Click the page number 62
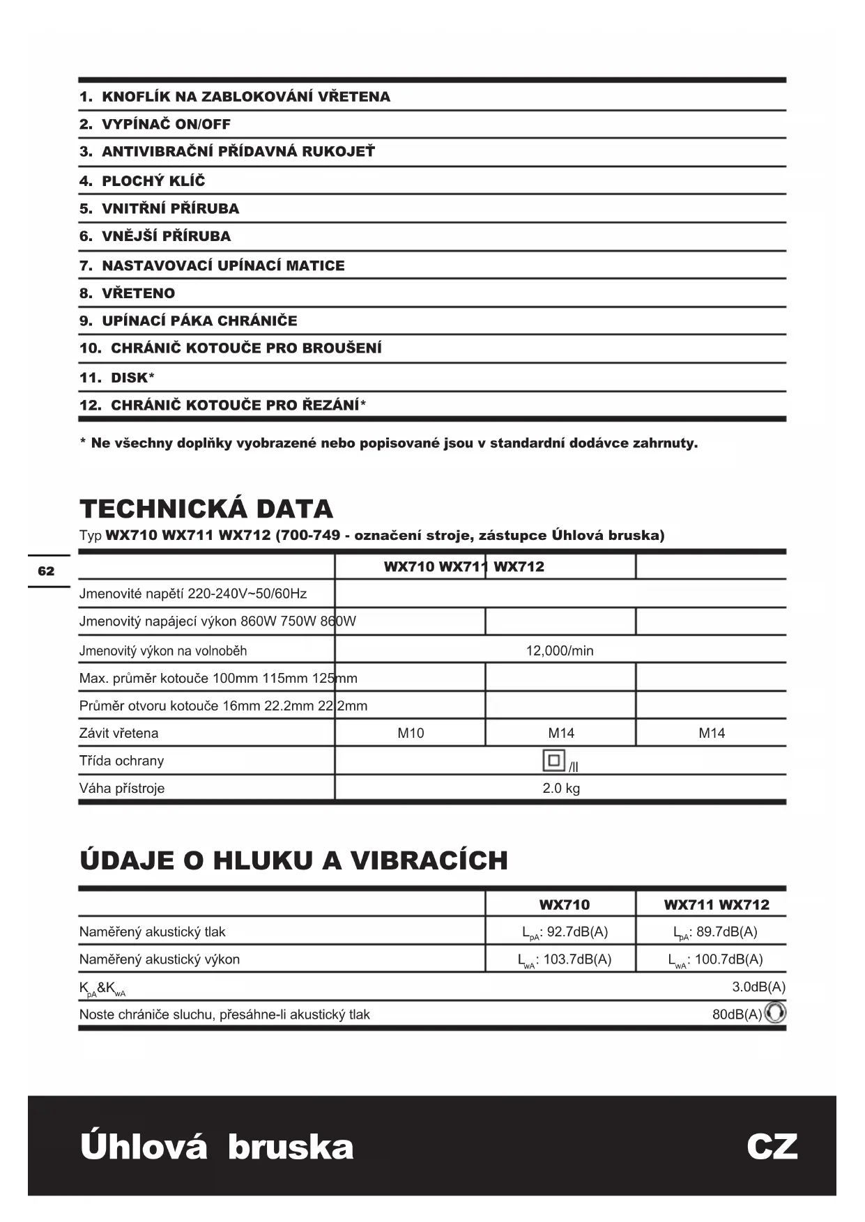click(46, 571)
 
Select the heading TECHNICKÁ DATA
click(206, 509)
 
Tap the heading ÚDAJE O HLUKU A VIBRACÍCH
click(293, 860)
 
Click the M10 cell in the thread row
click(411, 733)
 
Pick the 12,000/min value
click(560, 651)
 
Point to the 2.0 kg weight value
click(561, 789)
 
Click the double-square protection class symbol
click(553, 760)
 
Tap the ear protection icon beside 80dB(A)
click(775, 1012)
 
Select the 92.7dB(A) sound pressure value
click(565, 932)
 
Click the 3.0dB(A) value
click(758, 987)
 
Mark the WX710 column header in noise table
click(564, 905)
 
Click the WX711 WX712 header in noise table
click(717, 905)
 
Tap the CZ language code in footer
click(772, 1147)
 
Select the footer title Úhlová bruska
click(217, 1147)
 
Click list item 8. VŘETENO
click(127, 293)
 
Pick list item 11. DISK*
click(117, 378)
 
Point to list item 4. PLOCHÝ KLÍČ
click(142, 181)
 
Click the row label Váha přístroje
click(122, 789)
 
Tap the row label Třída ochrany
click(121, 761)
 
